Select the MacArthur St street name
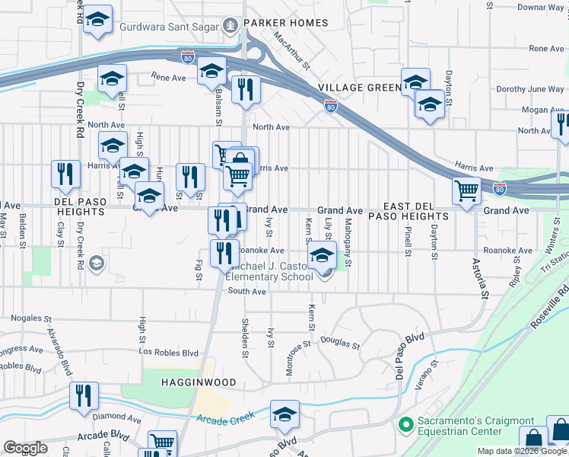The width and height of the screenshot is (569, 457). [293, 50]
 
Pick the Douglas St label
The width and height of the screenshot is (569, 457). [339, 342]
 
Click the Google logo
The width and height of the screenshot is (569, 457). [26, 448]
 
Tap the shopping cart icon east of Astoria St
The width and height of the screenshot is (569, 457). [466, 190]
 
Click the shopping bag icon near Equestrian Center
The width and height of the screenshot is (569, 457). [533, 439]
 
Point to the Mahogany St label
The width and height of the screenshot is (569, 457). [348, 242]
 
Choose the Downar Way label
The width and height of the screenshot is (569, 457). [540, 7]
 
